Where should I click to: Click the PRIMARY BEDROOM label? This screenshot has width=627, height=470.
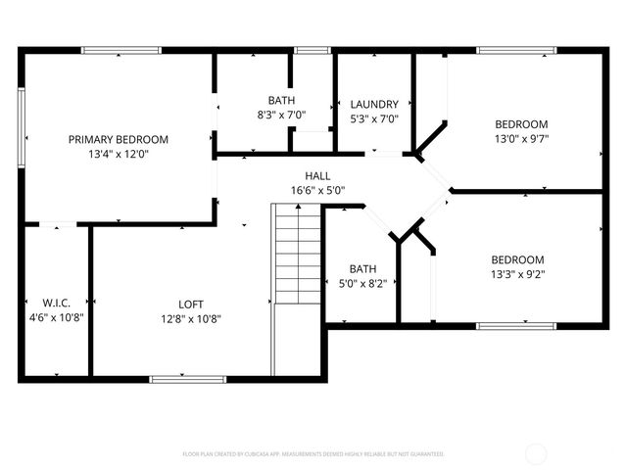tap(119, 139)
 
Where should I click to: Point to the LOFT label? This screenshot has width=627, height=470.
tap(191, 303)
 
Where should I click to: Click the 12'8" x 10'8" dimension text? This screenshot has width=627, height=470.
tap(191, 317)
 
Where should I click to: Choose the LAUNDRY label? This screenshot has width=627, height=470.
tap(374, 104)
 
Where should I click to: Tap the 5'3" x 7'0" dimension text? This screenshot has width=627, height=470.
tap(374, 118)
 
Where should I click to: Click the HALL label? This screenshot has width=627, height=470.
tap(316, 175)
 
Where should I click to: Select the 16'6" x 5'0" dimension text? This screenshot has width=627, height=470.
tap(316, 190)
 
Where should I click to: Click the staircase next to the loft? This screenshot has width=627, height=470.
tap(298, 255)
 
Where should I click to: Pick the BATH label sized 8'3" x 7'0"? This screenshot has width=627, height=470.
tap(281, 100)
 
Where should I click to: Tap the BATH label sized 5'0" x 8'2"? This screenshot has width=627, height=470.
tap(362, 268)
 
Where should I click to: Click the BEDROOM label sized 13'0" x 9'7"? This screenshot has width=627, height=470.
tap(521, 124)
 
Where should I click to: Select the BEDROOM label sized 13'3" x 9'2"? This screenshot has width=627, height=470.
tap(517, 259)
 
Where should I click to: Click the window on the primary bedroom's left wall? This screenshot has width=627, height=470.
tap(21, 129)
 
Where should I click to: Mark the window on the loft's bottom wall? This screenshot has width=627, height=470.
tap(180, 378)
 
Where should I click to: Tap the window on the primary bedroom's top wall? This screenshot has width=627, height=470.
tap(121, 50)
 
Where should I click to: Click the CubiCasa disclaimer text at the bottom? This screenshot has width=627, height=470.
tap(313, 454)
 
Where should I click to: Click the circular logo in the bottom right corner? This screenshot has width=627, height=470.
tap(538, 453)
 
